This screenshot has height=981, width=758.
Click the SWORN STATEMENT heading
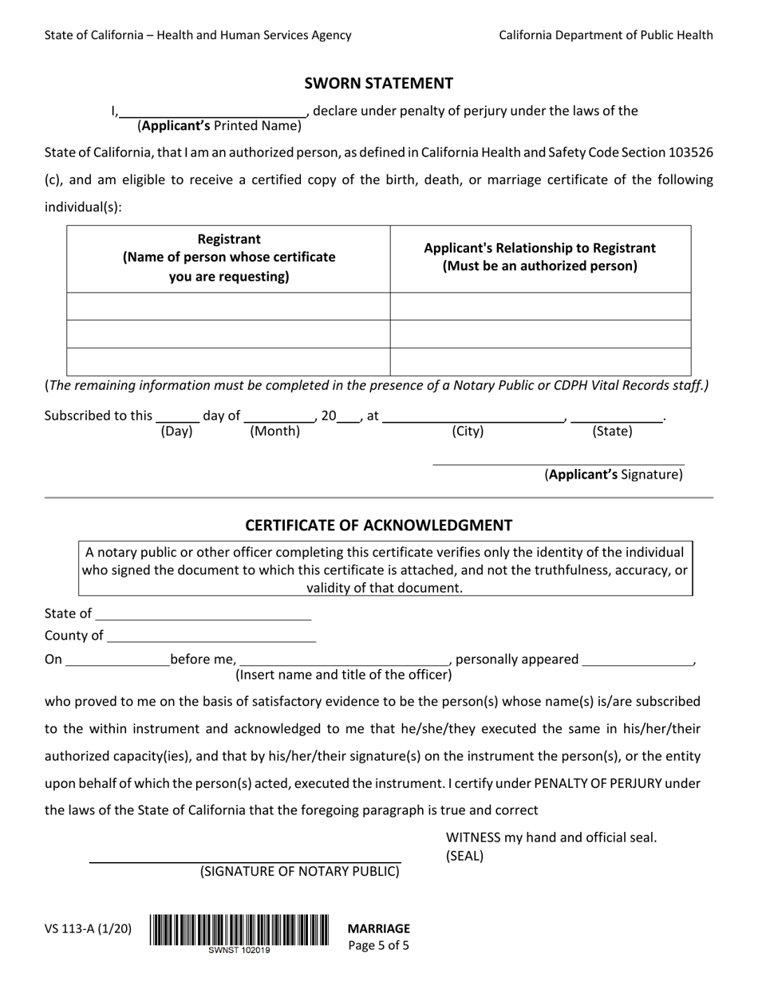[x=378, y=83]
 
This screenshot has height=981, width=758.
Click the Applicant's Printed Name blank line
[x=212, y=112]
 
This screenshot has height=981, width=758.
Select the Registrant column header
[x=228, y=258]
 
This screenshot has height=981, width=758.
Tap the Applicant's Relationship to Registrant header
[x=540, y=257]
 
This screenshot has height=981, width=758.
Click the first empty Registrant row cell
[x=228, y=306]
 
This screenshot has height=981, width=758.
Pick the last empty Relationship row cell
[x=540, y=361]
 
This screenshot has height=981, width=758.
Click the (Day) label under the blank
[x=176, y=431]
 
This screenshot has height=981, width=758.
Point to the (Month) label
[x=274, y=431]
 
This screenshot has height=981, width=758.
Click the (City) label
[x=468, y=431]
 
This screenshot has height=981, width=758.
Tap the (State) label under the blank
[x=612, y=431]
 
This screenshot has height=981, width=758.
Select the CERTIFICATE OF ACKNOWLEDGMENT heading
[x=378, y=525]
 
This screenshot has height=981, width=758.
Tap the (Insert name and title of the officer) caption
[x=343, y=675]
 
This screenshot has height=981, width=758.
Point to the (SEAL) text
[x=464, y=857]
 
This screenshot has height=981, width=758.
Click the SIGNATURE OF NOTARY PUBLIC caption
[x=299, y=871]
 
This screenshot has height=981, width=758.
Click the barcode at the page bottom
[x=239, y=930]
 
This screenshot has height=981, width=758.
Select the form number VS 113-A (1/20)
[x=88, y=928]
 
